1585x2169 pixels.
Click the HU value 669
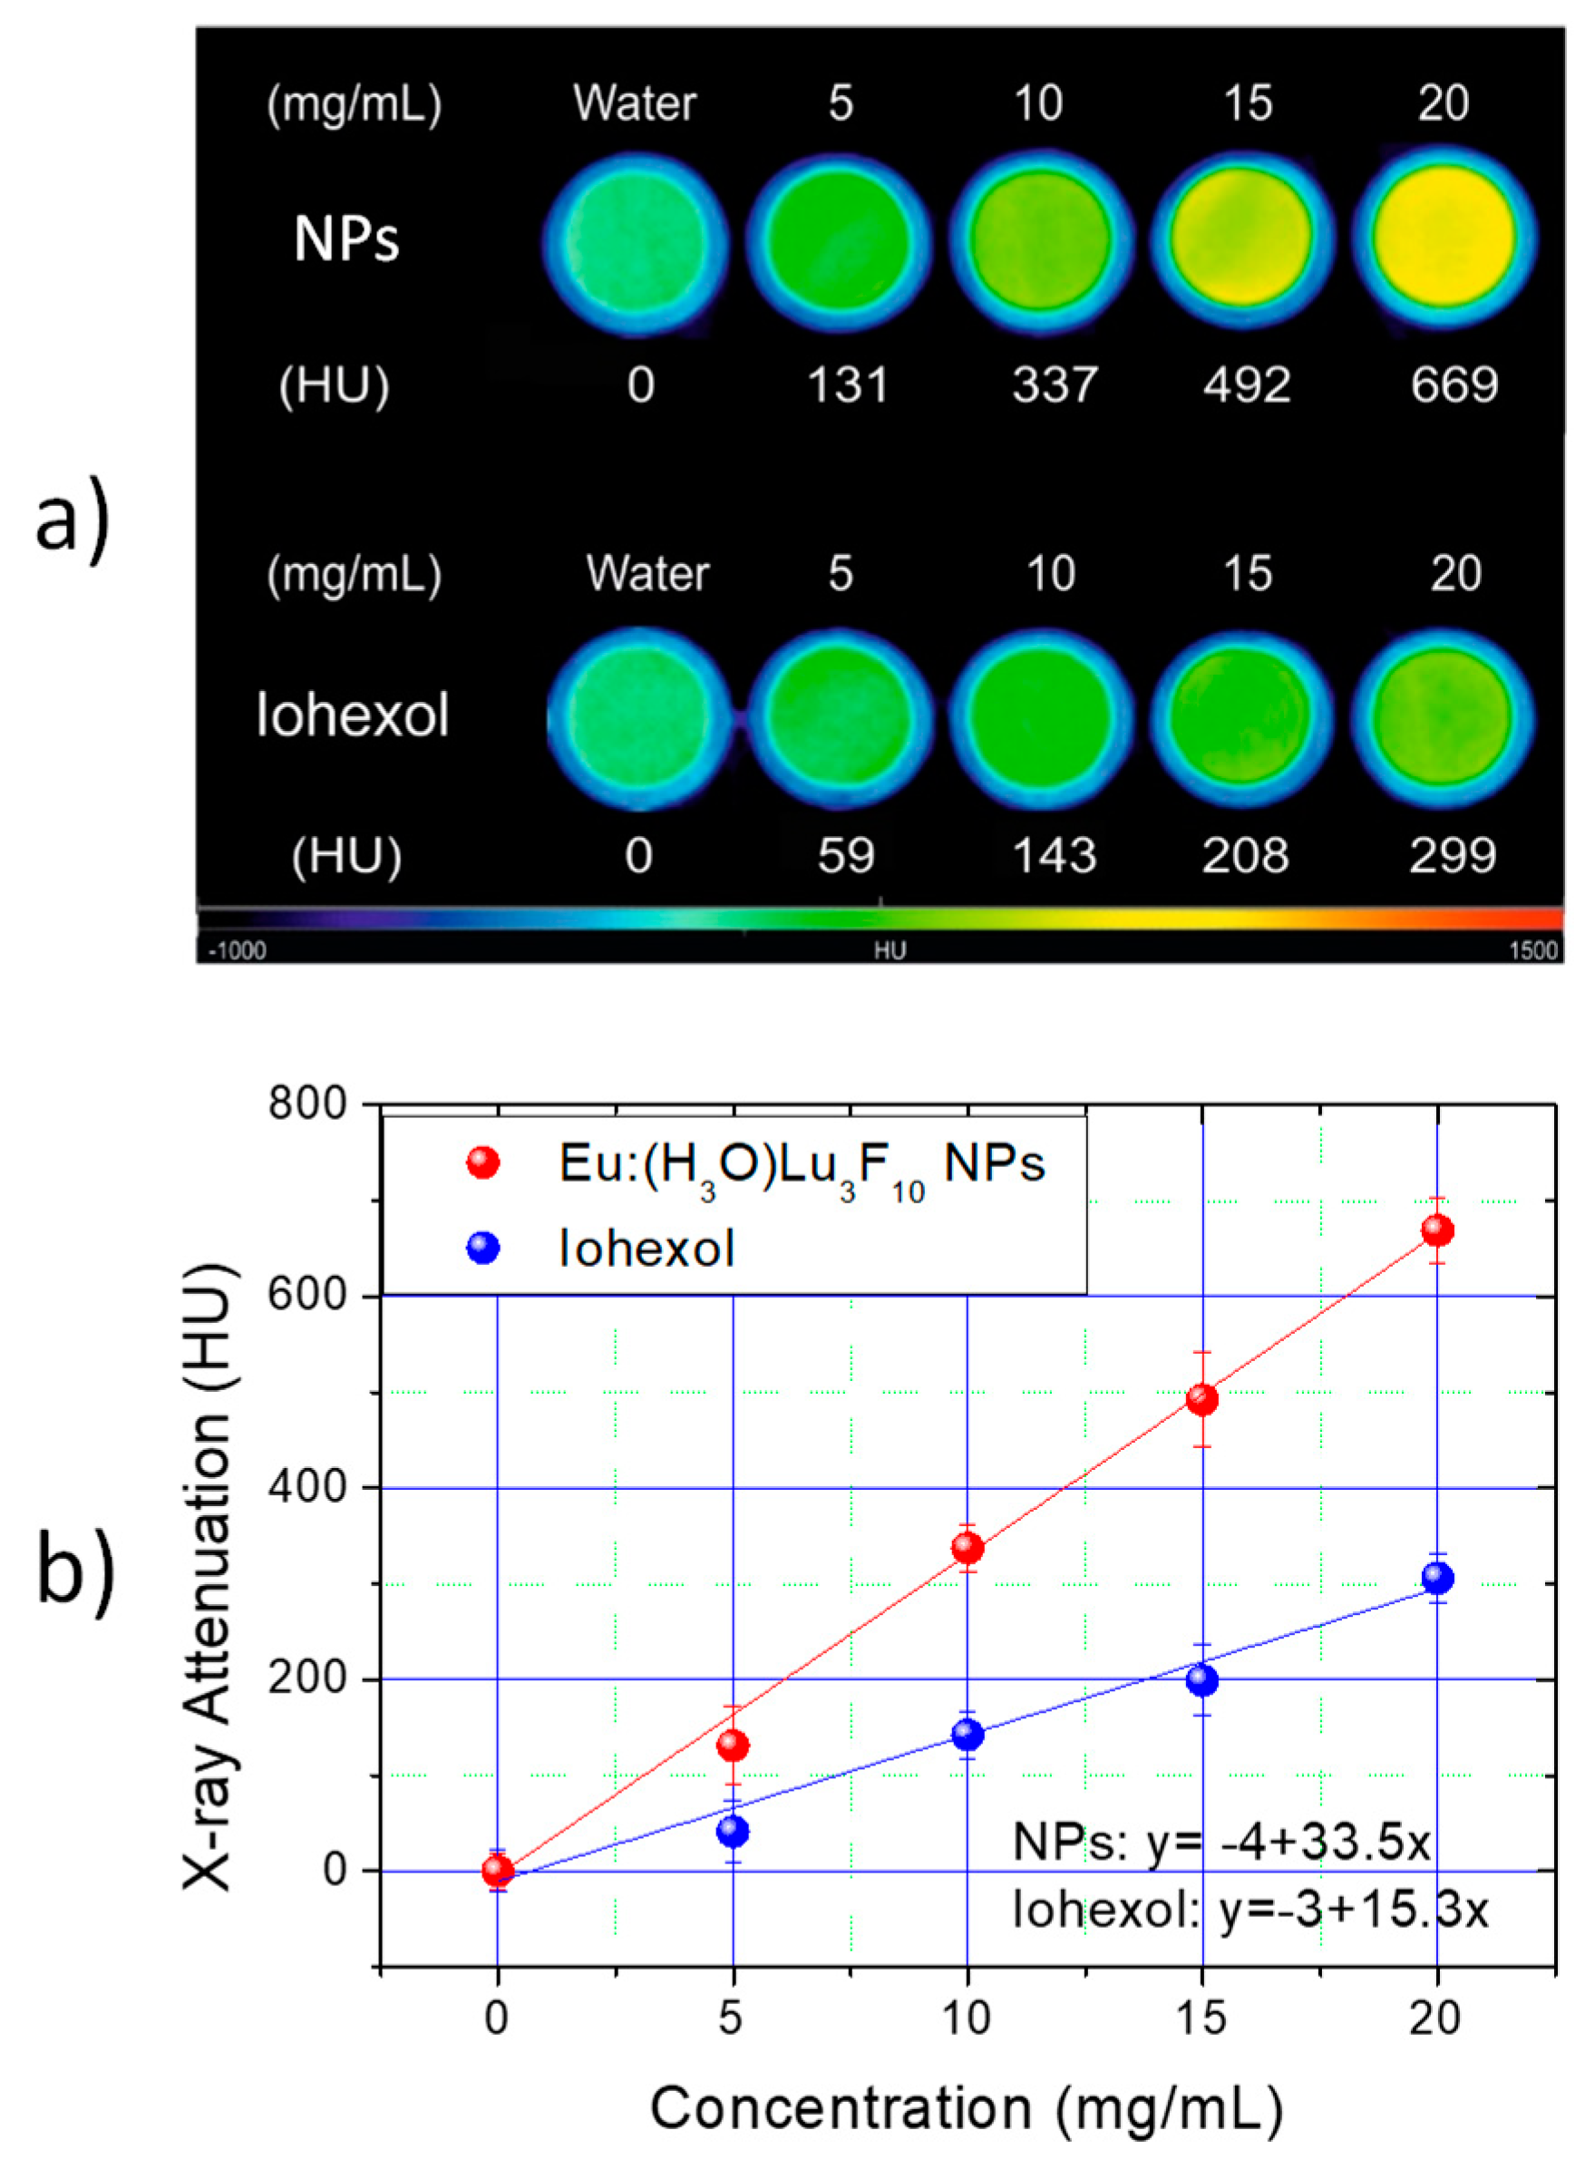click(x=1454, y=384)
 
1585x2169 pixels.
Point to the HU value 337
click(x=1054, y=384)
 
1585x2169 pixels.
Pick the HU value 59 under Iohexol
click(x=845, y=855)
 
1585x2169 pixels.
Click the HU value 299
click(x=1452, y=855)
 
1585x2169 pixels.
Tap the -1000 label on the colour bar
click(x=237, y=950)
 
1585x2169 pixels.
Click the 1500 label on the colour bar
click(x=1532, y=950)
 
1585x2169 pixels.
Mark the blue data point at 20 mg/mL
click(x=1436, y=1578)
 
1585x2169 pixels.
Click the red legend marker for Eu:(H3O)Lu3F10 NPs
click(x=482, y=1163)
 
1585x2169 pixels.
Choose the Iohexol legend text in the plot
click(x=647, y=1249)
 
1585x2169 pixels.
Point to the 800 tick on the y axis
click(x=307, y=1104)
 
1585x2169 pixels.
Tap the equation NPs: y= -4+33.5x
click(x=1221, y=1842)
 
